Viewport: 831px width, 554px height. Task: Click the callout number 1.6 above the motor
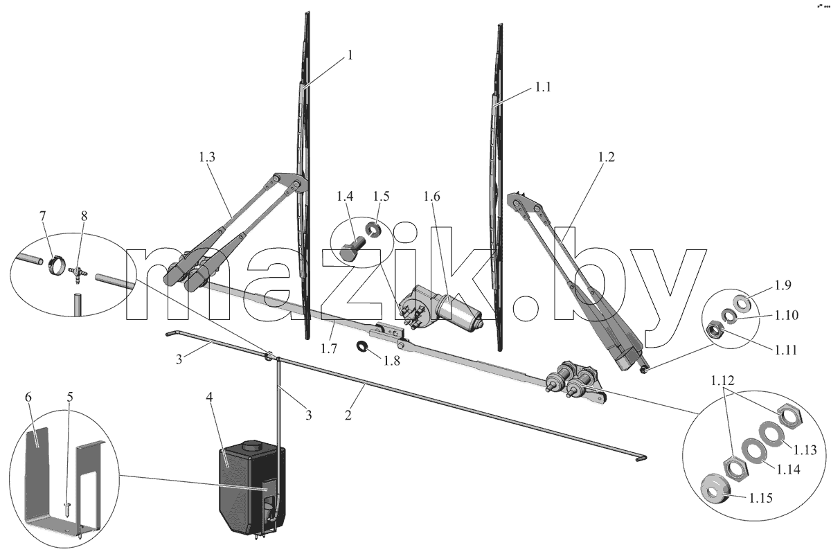(431, 196)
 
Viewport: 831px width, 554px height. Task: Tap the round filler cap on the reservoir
(252, 445)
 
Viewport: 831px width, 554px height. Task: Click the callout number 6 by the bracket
(28, 397)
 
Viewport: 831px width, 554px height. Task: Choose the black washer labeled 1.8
(361, 346)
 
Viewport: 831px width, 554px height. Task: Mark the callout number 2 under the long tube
(348, 415)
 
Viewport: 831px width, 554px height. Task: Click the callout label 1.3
(206, 157)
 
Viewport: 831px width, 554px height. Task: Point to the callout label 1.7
(328, 348)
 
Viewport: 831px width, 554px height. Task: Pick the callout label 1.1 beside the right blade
(542, 87)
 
